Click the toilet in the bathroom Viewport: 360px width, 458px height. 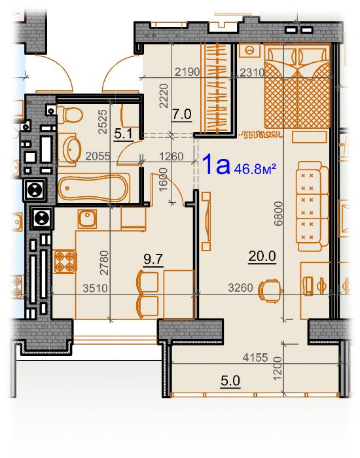[69, 115]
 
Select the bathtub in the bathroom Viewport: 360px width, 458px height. [94, 188]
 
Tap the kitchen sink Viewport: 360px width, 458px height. [87, 219]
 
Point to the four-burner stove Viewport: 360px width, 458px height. [64, 262]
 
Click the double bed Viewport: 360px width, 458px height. [297, 87]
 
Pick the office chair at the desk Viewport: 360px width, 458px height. [270, 291]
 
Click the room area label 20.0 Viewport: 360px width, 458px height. [262, 256]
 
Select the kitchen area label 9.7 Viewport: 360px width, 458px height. [153, 259]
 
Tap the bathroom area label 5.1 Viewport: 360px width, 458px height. [123, 134]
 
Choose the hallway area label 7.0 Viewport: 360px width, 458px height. [182, 114]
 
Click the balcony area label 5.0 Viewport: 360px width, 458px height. [230, 381]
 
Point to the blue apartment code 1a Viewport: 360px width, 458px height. [216, 164]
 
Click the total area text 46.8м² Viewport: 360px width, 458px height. [255, 169]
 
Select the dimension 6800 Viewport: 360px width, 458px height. [279, 213]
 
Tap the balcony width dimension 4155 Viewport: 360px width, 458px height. [255, 357]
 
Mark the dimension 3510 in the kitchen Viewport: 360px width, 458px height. [95, 289]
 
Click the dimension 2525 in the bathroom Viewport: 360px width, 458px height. [103, 122]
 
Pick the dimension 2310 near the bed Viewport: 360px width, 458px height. [252, 72]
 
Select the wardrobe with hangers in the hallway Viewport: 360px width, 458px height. [218, 88]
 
